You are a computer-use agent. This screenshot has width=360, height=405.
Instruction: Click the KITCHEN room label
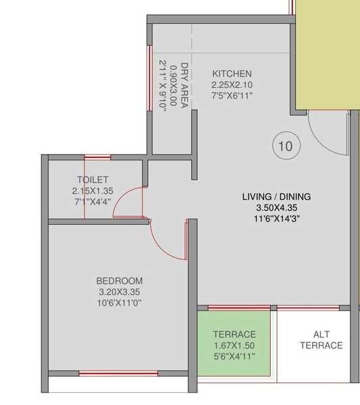coord(232,74)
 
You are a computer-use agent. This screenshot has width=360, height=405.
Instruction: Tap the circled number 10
coord(286,145)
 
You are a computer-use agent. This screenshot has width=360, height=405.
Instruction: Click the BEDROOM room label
coord(119,281)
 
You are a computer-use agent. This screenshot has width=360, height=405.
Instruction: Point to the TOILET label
coord(93,180)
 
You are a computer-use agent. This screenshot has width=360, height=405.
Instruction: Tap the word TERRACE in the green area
coord(234,334)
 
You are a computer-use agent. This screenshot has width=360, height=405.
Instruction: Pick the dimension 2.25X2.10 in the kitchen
coord(232,84)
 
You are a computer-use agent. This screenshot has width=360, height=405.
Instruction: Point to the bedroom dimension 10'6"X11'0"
coord(119,302)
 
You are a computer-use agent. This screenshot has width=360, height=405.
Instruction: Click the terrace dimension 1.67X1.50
coord(234,345)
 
